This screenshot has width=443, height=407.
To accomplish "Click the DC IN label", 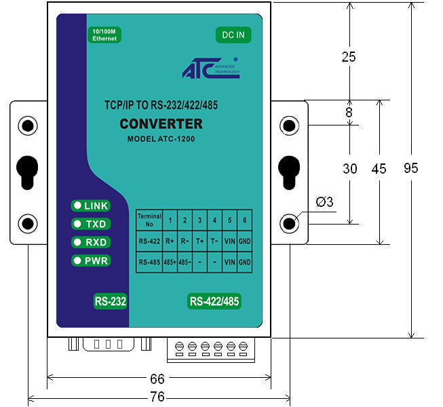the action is (x=233, y=35).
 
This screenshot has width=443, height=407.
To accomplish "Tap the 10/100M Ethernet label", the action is (x=104, y=35).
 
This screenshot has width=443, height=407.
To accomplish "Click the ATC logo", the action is (x=211, y=68).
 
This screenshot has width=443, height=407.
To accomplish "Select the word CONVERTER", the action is (x=161, y=123).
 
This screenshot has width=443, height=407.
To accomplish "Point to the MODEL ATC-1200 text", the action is (x=161, y=139).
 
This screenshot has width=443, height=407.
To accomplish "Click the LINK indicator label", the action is (x=90, y=206).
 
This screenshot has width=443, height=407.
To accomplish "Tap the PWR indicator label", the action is (x=91, y=260).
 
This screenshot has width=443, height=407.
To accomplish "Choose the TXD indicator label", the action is (x=91, y=224).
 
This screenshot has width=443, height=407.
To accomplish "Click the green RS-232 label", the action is (x=110, y=301).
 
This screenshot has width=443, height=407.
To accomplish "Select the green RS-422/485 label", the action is (x=214, y=301).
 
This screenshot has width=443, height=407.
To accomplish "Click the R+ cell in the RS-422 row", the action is (x=170, y=241).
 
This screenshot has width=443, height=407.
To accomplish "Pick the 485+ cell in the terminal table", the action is (x=170, y=263).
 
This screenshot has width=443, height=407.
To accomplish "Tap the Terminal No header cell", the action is (x=149, y=220).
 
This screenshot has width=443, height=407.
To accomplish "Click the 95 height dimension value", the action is (x=411, y=168).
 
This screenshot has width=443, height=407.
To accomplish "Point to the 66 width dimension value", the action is (x=157, y=379).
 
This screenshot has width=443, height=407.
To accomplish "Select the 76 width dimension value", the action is (x=157, y=397).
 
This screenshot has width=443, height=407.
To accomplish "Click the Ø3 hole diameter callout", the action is (x=325, y=202).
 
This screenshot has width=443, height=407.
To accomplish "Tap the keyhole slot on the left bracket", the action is (x=27, y=172).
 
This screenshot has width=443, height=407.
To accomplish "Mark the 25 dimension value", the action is (x=349, y=57).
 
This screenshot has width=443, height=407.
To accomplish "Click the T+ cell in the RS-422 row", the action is (x=199, y=241).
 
